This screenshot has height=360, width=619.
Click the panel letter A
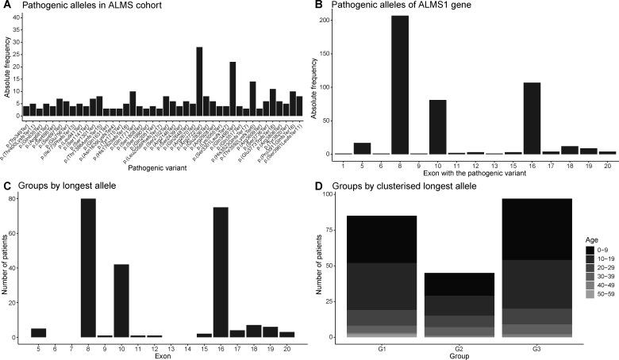pos(6,6)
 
